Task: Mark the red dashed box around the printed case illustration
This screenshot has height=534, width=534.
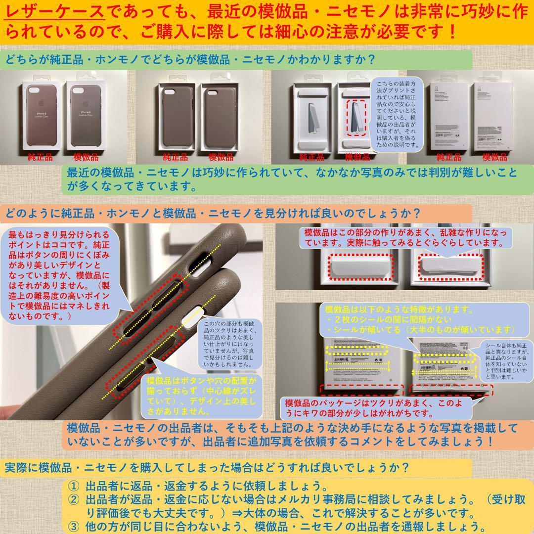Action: pos(356,117)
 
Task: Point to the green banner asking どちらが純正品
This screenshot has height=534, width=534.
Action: pos(190,60)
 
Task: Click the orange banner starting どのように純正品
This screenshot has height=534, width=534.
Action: pos(213,214)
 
